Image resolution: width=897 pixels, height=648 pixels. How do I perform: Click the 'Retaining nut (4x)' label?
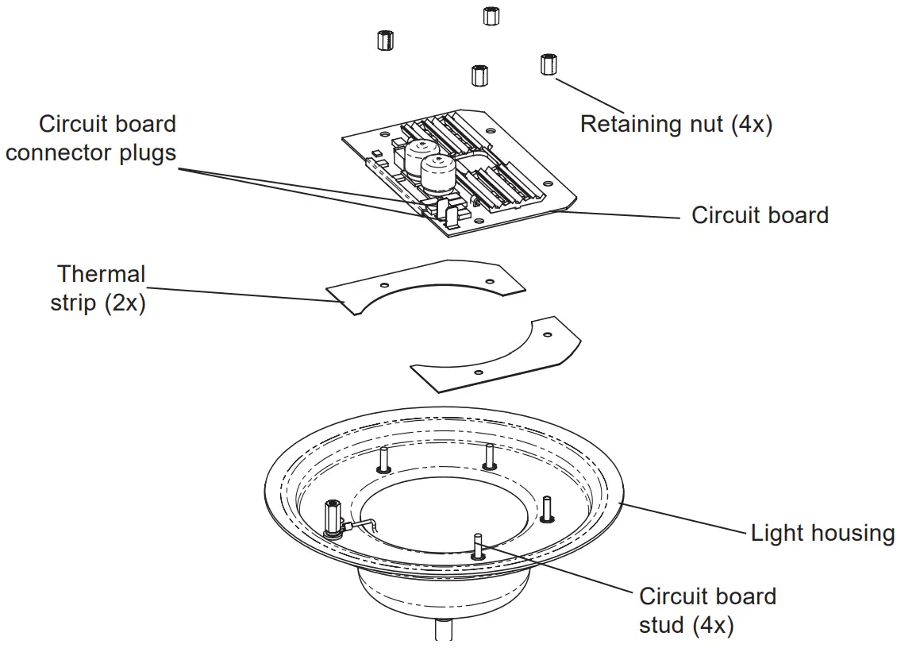[x=676, y=125]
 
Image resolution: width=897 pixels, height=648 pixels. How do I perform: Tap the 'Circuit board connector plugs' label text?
[x=90, y=137]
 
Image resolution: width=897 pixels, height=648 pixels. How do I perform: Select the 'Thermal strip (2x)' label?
[x=99, y=288]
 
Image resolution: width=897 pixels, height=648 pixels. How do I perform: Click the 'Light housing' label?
[x=822, y=533]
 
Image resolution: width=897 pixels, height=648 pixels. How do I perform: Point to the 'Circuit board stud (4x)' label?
[x=707, y=610]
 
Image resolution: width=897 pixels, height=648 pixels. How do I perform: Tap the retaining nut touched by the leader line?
[x=548, y=64]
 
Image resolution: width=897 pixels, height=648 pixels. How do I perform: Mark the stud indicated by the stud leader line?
[x=477, y=546]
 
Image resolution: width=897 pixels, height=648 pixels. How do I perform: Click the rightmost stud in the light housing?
[x=546, y=508]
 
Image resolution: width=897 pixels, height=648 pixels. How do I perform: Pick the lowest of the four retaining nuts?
[x=479, y=75]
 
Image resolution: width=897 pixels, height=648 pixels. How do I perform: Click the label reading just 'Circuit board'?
[x=760, y=215]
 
